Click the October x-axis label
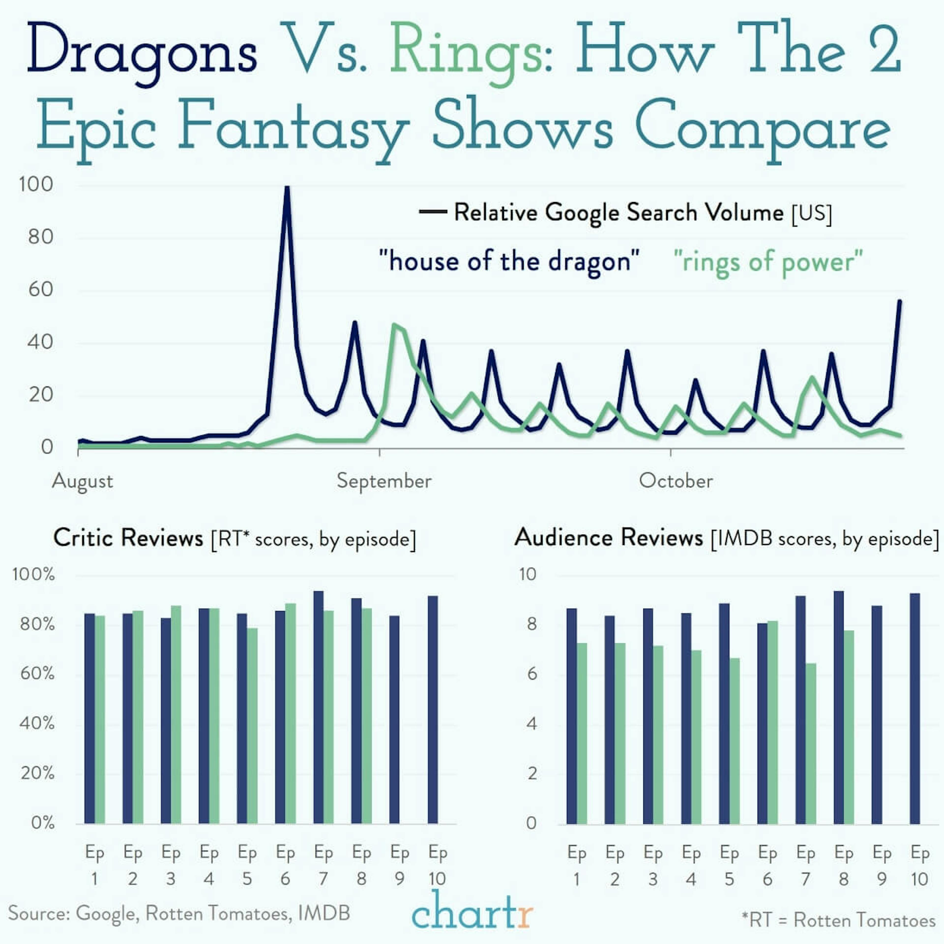point(676,481)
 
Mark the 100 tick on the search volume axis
point(36,185)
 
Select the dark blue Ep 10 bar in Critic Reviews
point(432,708)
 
